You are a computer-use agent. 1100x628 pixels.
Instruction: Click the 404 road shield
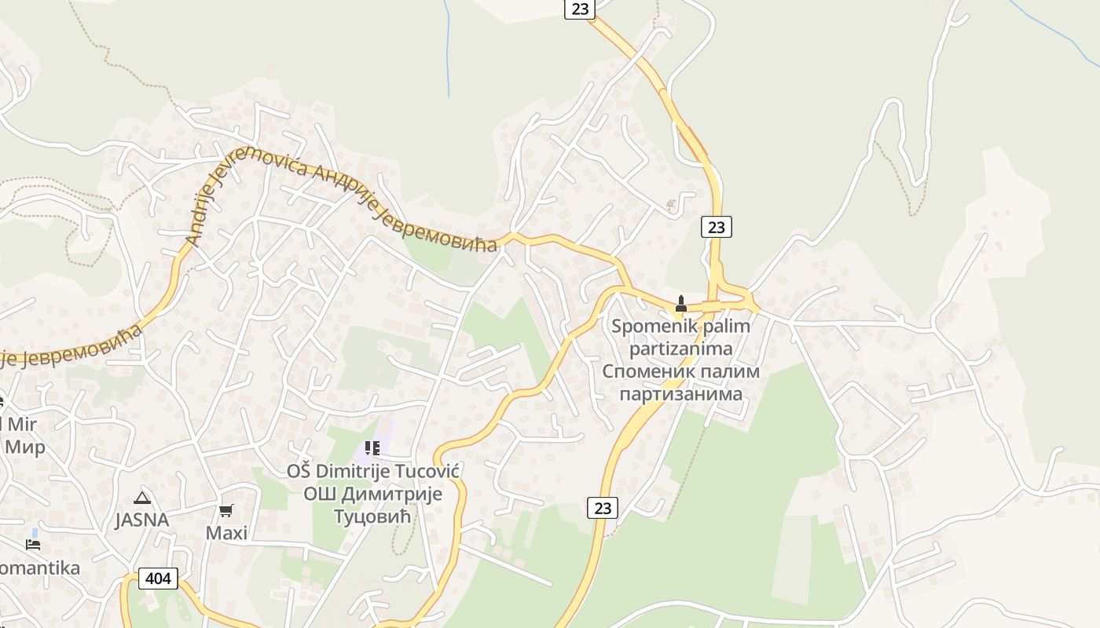click(x=158, y=579)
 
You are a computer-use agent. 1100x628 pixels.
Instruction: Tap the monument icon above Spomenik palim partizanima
click(x=681, y=304)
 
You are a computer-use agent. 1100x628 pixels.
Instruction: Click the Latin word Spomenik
click(x=648, y=326)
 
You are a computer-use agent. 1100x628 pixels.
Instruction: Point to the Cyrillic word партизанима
click(x=680, y=393)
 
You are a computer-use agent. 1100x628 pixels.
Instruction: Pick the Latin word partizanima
click(x=680, y=348)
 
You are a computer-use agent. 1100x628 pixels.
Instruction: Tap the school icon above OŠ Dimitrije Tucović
click(x=372, y=448)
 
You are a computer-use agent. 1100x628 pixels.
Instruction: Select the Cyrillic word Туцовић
click(x=373, y=517)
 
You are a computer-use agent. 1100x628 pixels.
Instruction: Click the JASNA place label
click(x=141, y=520)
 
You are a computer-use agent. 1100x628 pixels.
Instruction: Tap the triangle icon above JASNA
click(x=141, y=497)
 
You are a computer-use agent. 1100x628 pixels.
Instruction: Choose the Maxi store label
click(x=226, y=533)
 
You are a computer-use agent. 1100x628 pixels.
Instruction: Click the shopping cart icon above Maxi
click(x=226, y=511)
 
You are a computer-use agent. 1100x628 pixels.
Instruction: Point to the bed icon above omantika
click(x=33, y=543)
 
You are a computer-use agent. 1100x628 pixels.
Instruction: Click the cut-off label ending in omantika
click(x=39, y=568)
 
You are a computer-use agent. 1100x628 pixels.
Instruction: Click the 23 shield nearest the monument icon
click(x=716, y=227)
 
